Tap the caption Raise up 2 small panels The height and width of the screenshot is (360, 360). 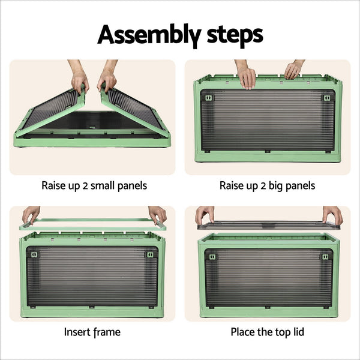pyautogui.click(x=94, y=185)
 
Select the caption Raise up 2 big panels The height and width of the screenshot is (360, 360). pyautogui.click(x=268, y=185)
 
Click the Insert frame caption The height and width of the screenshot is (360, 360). pyautogui.click(x=92, y=331)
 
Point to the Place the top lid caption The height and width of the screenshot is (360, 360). pyautogui.click(x=267, y=331)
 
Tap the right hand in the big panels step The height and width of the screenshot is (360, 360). pyautogui.click(x=293, y=70)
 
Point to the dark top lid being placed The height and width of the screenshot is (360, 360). pyautogui.click(x=268, y=225)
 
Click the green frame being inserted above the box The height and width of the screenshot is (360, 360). pyautogui.click(x=93, y=225)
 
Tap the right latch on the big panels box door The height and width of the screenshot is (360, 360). pyautogui.click(x=327, y=98)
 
